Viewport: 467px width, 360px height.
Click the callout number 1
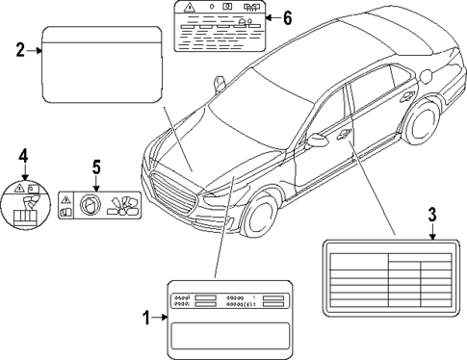click(146, 318)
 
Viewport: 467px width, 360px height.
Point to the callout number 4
click(24, 153)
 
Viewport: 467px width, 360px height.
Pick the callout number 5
click(96, 167)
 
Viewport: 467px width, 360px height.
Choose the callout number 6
click(286, 18)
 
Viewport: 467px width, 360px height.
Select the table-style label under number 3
click(388, 280)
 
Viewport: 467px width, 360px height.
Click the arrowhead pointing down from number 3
click(432, 233)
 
